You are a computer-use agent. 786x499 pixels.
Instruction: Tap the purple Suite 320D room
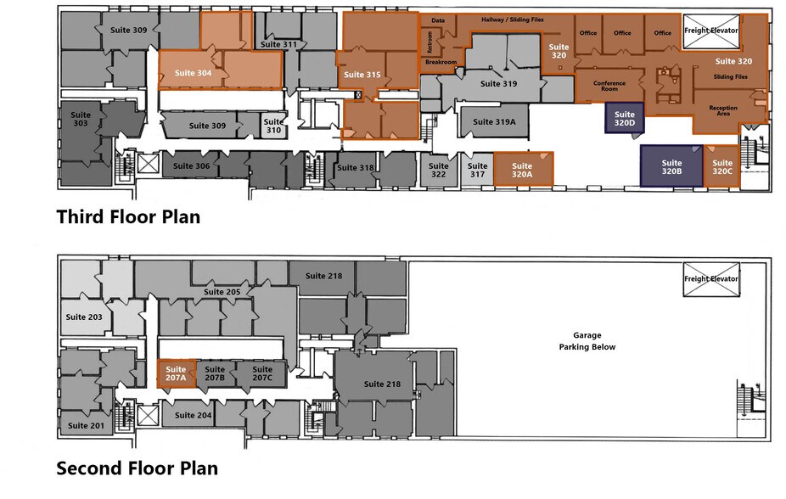[625, 119]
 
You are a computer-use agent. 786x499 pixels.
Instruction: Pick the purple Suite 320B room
[671, 166]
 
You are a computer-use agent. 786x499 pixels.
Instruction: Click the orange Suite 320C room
[721, 166]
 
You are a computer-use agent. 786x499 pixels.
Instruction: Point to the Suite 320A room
[522, 171]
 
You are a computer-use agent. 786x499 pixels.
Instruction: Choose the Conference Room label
[609, 86]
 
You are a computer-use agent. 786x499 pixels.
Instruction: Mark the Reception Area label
[723, 110]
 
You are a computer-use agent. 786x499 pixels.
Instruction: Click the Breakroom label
[441, 62]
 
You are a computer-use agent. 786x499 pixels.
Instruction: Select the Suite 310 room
[273, 126]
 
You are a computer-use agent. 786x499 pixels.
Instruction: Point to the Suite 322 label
[438, 171]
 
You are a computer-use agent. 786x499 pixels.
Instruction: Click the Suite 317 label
[478, 171]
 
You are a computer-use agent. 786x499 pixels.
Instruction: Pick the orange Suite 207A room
[177, 373]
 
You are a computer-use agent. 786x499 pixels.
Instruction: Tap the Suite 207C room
[262, 373]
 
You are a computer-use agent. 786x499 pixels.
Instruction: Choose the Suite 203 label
[83, 317]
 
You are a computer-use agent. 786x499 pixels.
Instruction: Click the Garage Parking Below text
[587, 340]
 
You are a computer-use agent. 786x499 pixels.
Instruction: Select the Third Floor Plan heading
[128, 216]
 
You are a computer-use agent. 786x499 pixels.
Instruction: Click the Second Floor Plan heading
[137, 468]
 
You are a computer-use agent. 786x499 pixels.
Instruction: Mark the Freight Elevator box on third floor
[711, 30]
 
